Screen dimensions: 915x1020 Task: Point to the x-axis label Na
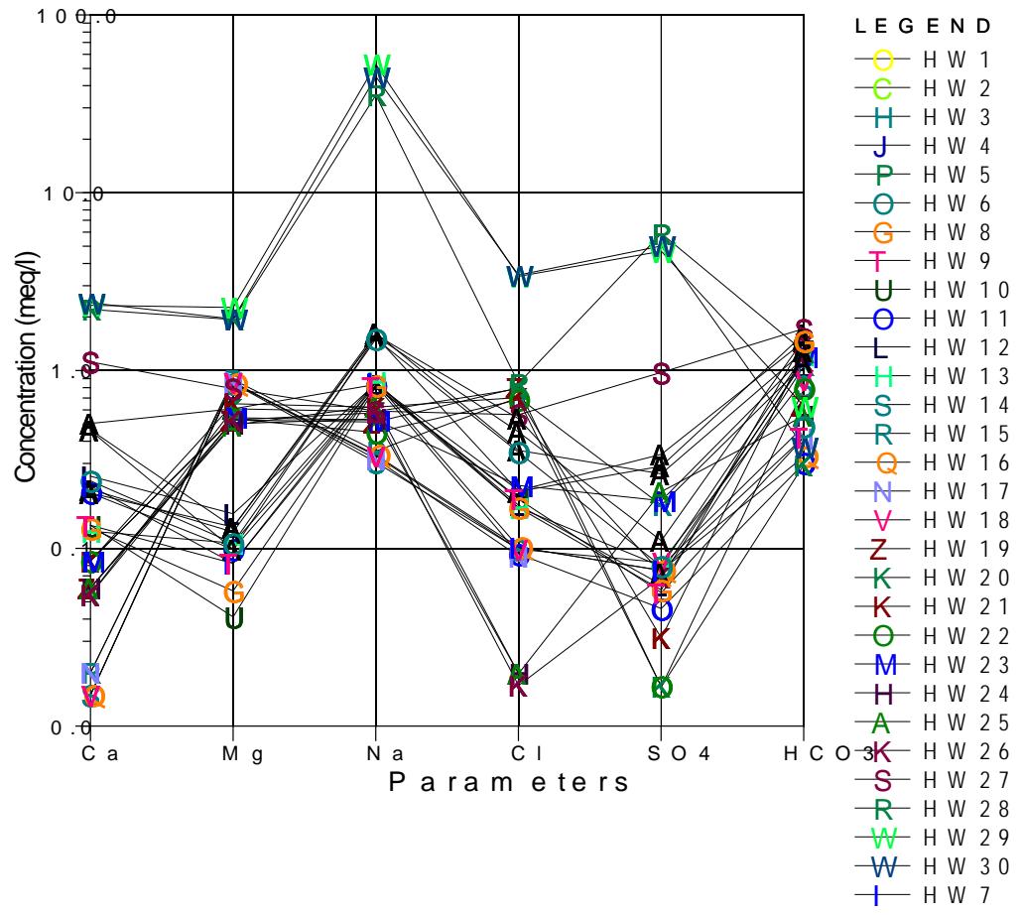coord(383,753)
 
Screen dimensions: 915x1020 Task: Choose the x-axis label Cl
coord(525,753)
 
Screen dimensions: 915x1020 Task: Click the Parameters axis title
coord(509,783)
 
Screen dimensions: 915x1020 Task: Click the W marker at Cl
coord(519,277)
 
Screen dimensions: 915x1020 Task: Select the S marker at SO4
coord(662,374)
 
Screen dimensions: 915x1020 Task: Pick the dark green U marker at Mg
coord(233,619)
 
